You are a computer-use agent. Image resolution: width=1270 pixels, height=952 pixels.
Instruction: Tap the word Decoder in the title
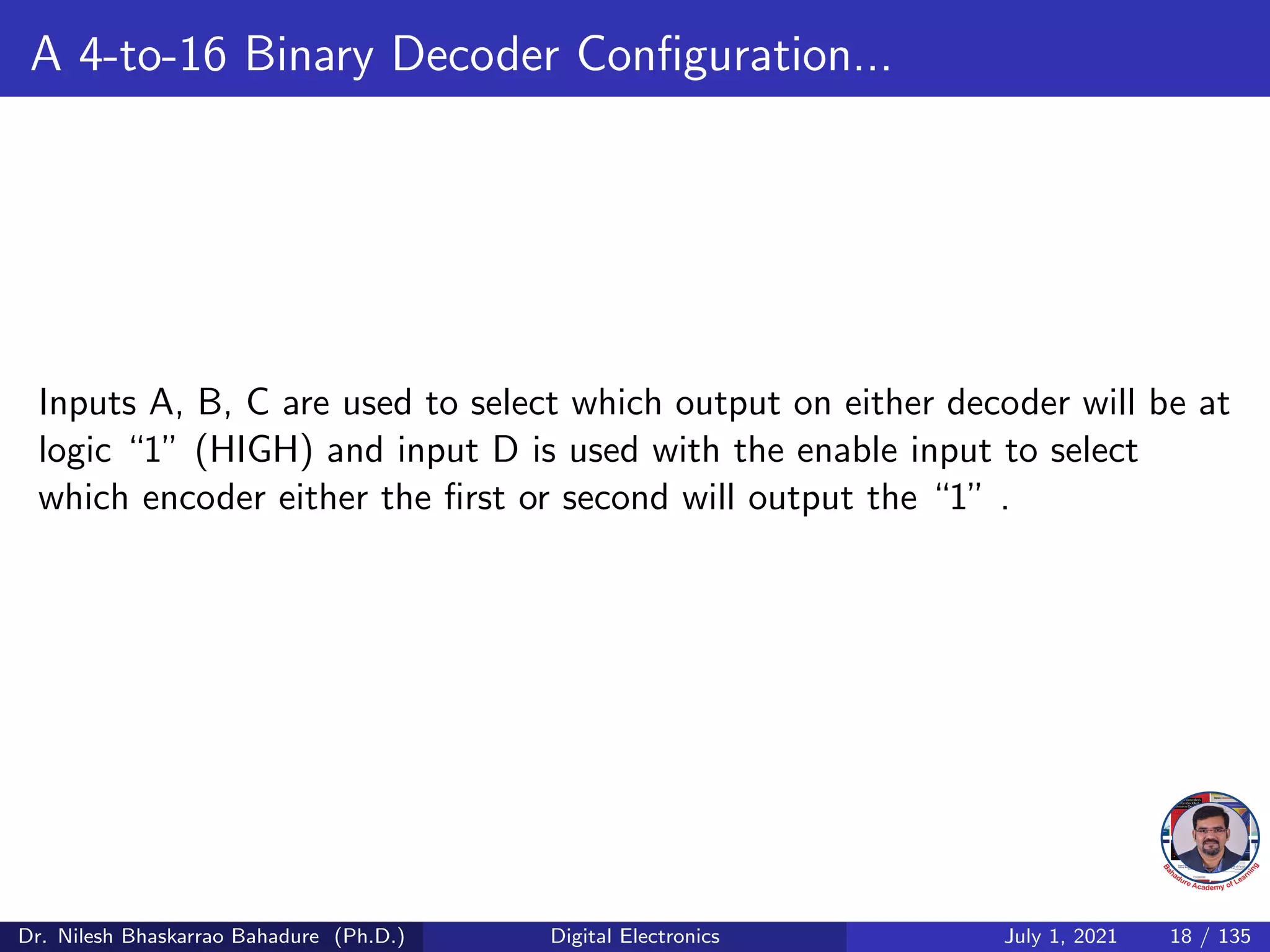475,55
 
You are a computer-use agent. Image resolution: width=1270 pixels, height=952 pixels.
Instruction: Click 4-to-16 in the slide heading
153,55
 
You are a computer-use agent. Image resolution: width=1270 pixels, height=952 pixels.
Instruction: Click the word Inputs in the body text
87,404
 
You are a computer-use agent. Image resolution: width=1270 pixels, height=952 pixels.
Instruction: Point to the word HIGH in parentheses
254,451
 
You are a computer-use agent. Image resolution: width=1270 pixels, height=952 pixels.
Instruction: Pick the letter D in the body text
505,451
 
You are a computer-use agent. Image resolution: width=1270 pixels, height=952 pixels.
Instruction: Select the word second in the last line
615,498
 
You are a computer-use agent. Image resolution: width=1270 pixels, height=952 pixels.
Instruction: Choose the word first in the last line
474,498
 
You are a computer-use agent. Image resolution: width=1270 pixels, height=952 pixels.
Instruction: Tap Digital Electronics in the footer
635,936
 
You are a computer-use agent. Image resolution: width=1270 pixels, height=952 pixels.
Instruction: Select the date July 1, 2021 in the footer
1060,936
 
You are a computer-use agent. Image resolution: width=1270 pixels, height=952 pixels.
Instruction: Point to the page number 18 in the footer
1181,936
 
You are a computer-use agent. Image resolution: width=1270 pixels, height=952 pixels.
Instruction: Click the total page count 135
1235,936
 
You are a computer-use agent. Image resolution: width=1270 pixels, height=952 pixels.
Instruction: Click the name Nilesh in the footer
87,936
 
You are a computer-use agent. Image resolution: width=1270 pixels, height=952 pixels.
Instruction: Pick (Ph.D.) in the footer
370,936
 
